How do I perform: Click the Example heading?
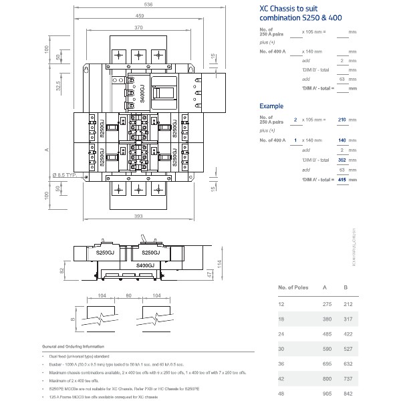271,106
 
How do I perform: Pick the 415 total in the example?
342,179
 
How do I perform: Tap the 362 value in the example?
342,160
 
